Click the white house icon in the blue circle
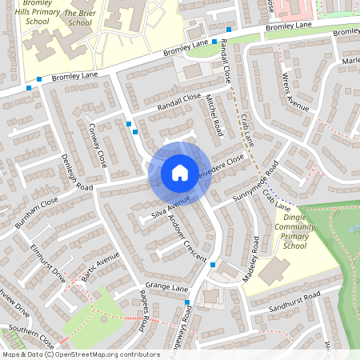(179, 173)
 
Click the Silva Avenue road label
(170, 207)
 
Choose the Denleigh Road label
(78, 166)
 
